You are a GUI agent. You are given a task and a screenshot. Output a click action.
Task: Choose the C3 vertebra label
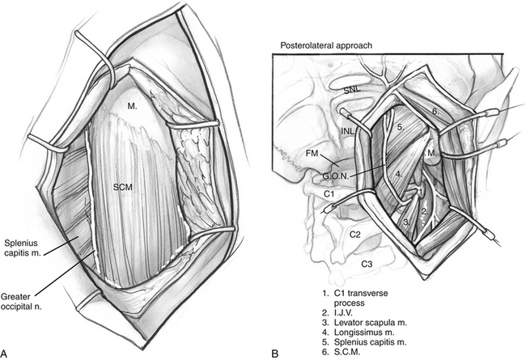(366, 264)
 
